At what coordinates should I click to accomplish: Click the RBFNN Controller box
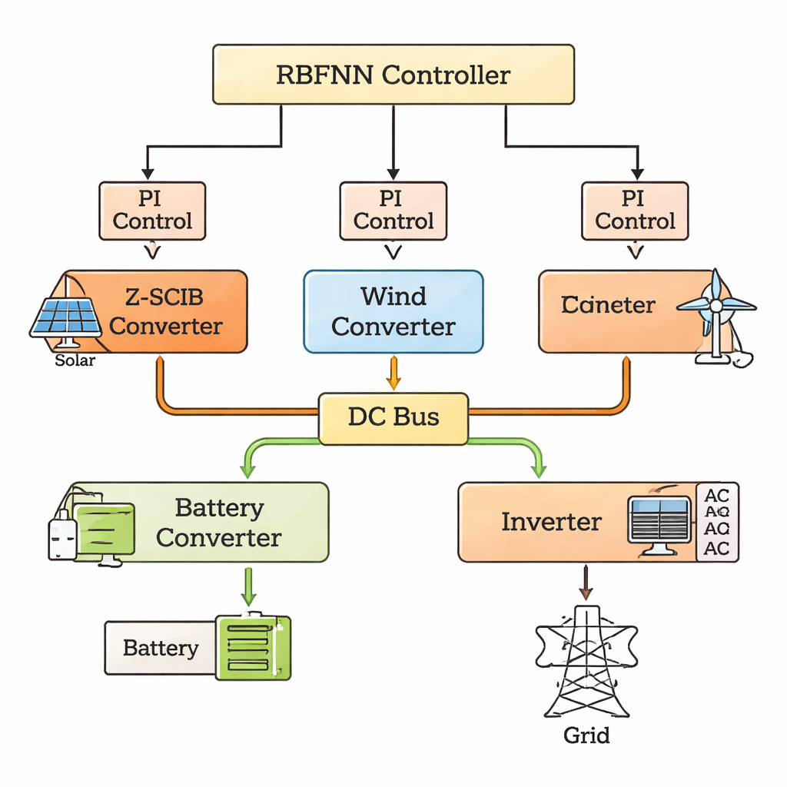pos(393,75)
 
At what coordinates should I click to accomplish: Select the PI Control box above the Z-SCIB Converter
pos(152,211)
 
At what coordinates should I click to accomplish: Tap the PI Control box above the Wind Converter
pos(393,211)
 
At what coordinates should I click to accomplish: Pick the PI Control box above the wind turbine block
pos(635,211)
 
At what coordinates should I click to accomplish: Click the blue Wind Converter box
pos(393,311)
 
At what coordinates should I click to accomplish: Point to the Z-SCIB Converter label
pos(165,311)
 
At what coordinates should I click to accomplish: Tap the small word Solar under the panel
pos(75,360)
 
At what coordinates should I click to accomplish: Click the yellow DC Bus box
pos(393,417)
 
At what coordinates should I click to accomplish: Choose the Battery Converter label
pos(218,523)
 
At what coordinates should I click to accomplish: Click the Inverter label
pos(551,523)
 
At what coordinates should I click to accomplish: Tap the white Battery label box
pos(161,648)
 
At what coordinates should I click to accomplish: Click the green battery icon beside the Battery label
pos(253,646)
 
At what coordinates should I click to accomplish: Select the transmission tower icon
pos(586,661)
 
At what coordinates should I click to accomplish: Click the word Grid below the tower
pos(586,736)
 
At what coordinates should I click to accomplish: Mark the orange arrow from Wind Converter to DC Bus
pos(393,373)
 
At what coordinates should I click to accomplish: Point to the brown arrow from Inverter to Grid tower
pos(586,583)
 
